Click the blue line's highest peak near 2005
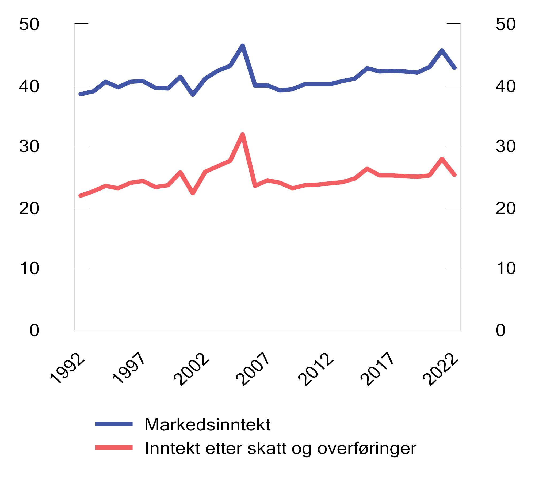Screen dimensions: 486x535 coord(243,46)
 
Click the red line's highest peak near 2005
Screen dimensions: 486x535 coord(243,135)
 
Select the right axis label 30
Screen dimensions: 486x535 coord(506,146)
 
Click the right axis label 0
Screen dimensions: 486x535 coord(500,330)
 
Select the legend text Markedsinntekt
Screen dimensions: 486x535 coord(207,424)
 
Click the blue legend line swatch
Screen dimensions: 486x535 coord(114,424)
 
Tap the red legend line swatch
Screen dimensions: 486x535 coord(114,447)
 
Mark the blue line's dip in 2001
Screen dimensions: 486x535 coord(193,94)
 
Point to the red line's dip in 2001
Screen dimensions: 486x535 coord(193,193)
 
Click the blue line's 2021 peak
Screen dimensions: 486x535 coord(442,51)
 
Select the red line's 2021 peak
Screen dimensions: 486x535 coord(442,159)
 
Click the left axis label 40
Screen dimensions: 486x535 coord(29,86)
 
